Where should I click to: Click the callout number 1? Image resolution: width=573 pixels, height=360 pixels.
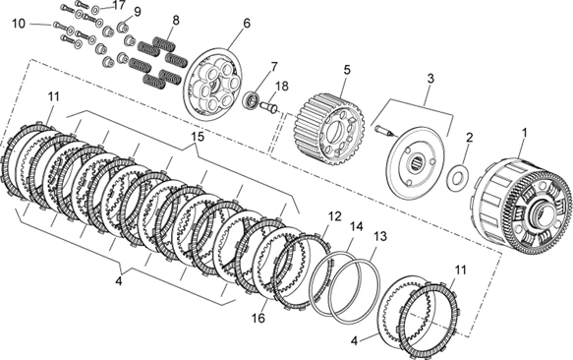pos(525,133)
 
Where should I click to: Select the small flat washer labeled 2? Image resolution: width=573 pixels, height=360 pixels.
pos(457,178)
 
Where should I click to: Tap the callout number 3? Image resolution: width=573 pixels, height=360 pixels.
pos(431,79)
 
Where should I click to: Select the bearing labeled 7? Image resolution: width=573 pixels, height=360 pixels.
pos(252,100)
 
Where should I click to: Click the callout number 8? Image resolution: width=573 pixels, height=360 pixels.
pos(176,21)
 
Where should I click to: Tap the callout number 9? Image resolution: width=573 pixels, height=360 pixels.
pos(137,12)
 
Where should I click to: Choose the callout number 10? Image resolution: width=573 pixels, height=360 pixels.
pos(19,24)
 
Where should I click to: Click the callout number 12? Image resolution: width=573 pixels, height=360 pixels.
pos(335,216)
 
